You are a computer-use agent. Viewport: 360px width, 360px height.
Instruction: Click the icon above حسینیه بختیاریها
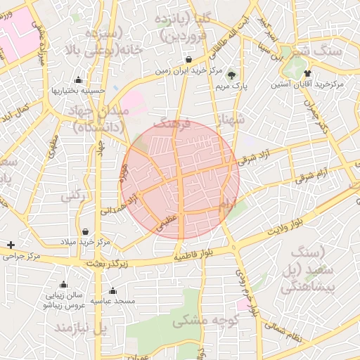point(77,79)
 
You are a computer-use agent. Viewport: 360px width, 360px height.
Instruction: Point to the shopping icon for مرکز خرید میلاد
point(85,231)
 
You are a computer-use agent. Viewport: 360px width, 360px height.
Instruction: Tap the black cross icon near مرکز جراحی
point(10,245)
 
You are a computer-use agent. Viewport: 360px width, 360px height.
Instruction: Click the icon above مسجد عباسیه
point(112,290)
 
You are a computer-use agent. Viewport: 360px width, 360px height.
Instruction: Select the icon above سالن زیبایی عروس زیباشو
point(63,285)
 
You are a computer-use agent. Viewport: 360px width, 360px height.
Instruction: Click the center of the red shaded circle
point(181,179)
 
